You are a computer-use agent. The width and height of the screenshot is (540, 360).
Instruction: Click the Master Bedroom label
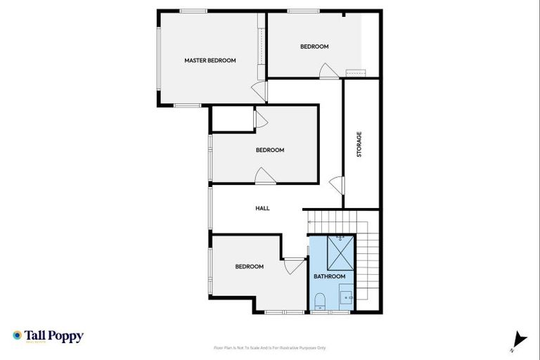point(210,60)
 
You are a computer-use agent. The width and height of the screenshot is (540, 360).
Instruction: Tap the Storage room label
point(359,144)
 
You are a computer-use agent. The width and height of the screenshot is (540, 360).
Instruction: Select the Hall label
point(262,208)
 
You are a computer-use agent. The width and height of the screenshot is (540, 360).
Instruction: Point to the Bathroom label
point(329,276)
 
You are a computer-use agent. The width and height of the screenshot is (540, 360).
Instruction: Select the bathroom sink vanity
point(348,297)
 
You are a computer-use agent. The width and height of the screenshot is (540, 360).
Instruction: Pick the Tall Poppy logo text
point(55,336)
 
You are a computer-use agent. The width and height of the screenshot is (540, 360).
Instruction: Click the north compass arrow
point(519,339)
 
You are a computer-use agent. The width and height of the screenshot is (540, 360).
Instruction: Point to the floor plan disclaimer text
point(270,347)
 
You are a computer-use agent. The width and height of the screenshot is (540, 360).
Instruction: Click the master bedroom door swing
point(260,90)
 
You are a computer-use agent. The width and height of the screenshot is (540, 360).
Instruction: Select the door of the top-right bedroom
point(328,71)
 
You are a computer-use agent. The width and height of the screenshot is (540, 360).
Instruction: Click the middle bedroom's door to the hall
point(265,176)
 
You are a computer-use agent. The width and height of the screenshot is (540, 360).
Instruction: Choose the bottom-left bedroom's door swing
point(293,266)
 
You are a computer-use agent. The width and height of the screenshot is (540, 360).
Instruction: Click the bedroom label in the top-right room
point(314,46)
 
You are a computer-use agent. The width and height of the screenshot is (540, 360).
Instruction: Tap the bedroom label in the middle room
point(269,150)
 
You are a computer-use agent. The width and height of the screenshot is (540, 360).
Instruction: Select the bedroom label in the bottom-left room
point(249,266)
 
